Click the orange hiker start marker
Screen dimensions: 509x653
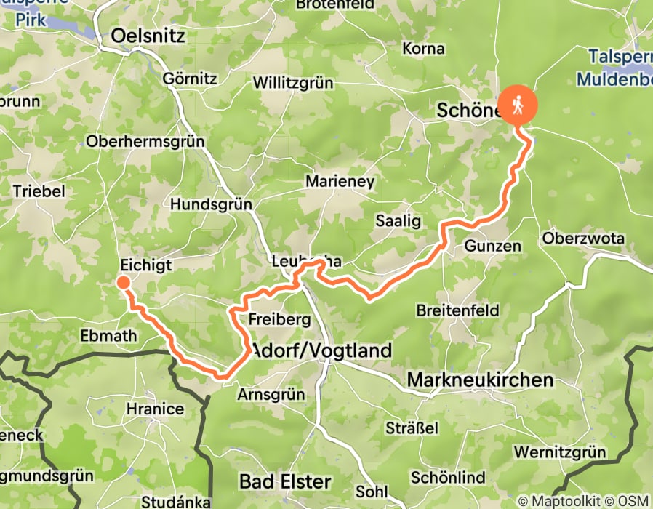coord(518,106)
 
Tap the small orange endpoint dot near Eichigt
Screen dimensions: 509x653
coord(123,283)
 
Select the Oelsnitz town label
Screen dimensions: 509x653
coord(148,36)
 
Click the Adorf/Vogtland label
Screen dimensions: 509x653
coord(321,350)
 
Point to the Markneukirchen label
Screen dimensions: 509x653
coord(480,380)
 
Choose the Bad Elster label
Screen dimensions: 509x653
coord(285,481)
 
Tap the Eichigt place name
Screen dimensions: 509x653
coord(147,265)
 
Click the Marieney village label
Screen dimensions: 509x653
coord(340,181)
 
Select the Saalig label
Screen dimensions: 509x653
coord(398,221)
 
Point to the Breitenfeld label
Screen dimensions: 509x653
coord(457,310)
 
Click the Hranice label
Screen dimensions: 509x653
coord(155,409)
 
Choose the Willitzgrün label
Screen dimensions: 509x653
coord(293,83)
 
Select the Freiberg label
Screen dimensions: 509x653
coord(279,319)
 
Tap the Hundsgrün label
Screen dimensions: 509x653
coord(211,205)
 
